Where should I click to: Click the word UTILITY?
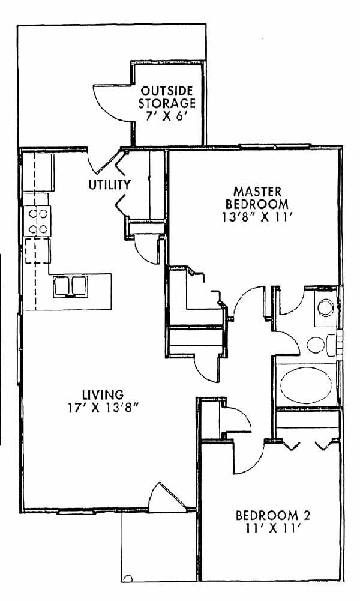coord(110,185)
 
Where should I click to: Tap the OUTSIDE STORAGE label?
coord(167,97)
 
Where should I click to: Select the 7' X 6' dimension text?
coord(167,116)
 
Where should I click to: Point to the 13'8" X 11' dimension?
coord(257,217)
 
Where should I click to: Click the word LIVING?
coord(103,394)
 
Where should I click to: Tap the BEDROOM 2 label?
coord(273,515)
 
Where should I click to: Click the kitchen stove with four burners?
coord(37,221)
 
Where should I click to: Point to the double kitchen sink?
coord(70,286)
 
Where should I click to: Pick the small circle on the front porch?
coord(128,578)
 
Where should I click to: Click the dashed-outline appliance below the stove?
coord(38,251)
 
